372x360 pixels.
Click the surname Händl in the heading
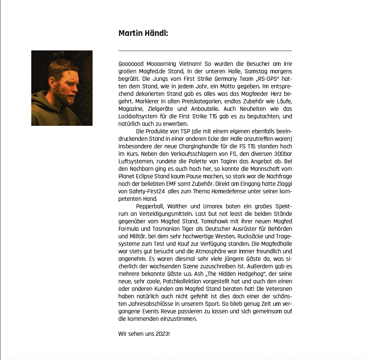tap(155, 33)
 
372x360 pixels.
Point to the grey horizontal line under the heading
tap(205, 51)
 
